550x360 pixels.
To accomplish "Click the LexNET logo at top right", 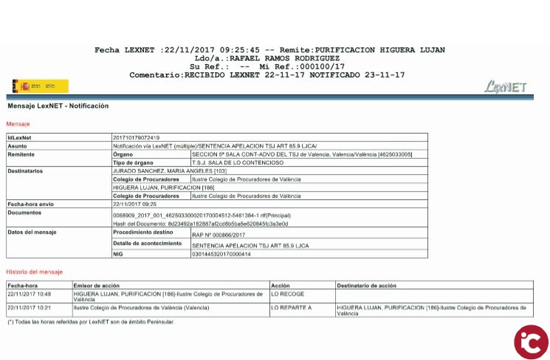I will point(506,87).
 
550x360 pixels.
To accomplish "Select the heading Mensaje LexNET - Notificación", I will point(58,106).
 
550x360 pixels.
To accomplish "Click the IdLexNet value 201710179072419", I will point(136,138).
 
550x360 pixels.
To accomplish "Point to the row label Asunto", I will point(18,146).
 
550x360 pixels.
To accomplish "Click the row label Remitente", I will point(21,154).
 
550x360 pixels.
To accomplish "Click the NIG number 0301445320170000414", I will point(221,255).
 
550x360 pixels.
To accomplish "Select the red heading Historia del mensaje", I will point(35,272).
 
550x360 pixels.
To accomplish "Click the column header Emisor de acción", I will point(97,285).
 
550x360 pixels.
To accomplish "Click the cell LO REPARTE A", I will point(291,307).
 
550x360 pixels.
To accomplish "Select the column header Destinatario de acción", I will point(367,285).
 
